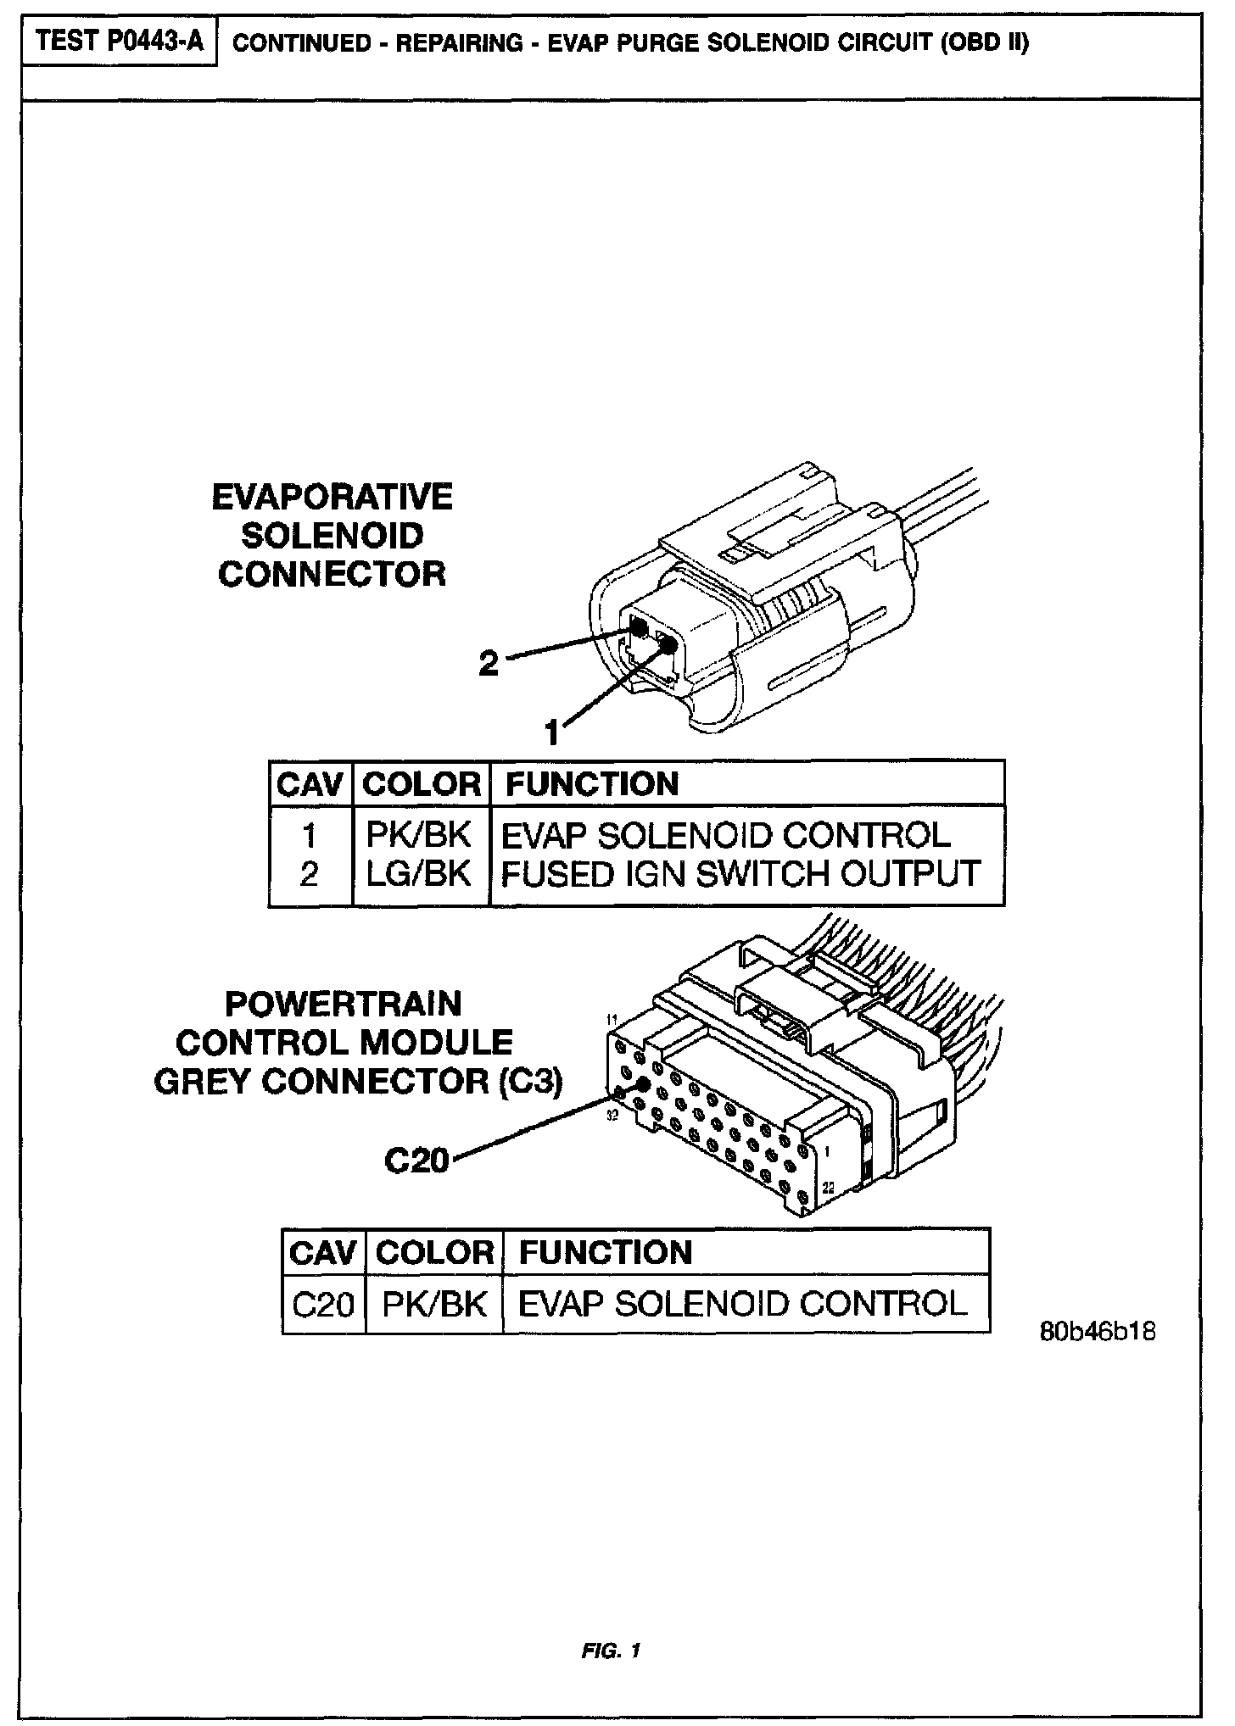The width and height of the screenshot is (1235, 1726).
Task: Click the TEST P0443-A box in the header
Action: coord(120,42)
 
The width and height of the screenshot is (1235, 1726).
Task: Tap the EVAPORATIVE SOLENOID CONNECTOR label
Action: coord(332,536)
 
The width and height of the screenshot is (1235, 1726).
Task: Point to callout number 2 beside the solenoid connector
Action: coord(489,664)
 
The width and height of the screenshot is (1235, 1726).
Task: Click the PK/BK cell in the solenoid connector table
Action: coord(417,835)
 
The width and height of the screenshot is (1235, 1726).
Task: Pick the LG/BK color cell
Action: coord(418,874)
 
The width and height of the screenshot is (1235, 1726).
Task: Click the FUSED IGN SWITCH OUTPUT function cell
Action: coord(740,874)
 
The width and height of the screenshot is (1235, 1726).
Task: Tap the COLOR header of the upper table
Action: coord(421,784)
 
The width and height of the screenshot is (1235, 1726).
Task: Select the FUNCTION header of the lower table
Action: coord(606,1253)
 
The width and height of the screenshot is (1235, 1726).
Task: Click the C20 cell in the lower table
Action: coord(322,1304)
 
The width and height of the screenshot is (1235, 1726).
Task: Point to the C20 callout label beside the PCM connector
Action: coord(416,1160)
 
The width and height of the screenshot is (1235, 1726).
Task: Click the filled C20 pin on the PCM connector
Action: coord(641,1085)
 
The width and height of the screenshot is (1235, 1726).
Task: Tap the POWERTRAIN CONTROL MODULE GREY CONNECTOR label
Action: coord(357,1043)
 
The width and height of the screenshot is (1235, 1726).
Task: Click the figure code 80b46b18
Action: coord(1097,1332)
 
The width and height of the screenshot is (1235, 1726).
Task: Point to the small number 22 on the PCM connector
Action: coord(829,1189)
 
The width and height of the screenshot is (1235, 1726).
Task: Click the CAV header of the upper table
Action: coord(310,784)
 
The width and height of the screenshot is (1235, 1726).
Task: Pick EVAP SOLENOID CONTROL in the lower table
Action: coord(742,1304)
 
